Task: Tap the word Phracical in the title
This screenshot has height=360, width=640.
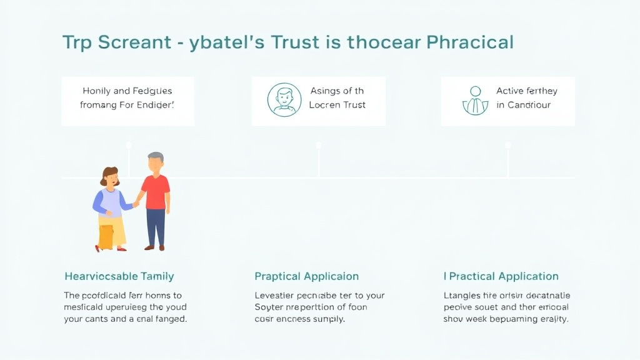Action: click(x=470, y=42)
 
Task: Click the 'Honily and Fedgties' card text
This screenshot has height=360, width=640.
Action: click(x=127, y=98)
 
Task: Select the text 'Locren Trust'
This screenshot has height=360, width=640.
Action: click(x=337, y=105)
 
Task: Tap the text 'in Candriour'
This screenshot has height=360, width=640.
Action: click(x=524, y=105)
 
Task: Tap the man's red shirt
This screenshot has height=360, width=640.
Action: click(x=155, y=192)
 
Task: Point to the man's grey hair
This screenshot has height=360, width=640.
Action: click(x=156, y=157)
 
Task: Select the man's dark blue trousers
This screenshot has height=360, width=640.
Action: click(x=156, y=227)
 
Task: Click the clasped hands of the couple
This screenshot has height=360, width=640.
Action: click(x=135, y=203)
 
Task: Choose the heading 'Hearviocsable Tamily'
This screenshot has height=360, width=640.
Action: click(x=119, y=276)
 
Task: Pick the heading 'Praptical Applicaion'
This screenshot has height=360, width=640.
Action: click(x=306, y=276)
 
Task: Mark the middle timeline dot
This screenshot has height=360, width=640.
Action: click(x=319, y=145)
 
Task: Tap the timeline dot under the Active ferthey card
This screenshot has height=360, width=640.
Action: click(x=507, y=145)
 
